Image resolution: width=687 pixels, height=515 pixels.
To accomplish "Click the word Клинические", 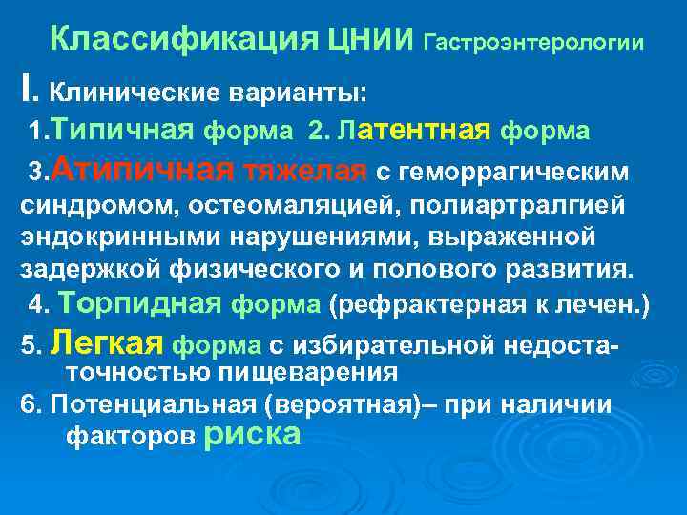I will click(x=134, y=93).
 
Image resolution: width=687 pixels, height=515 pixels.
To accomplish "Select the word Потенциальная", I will click(x=156, y=402).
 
